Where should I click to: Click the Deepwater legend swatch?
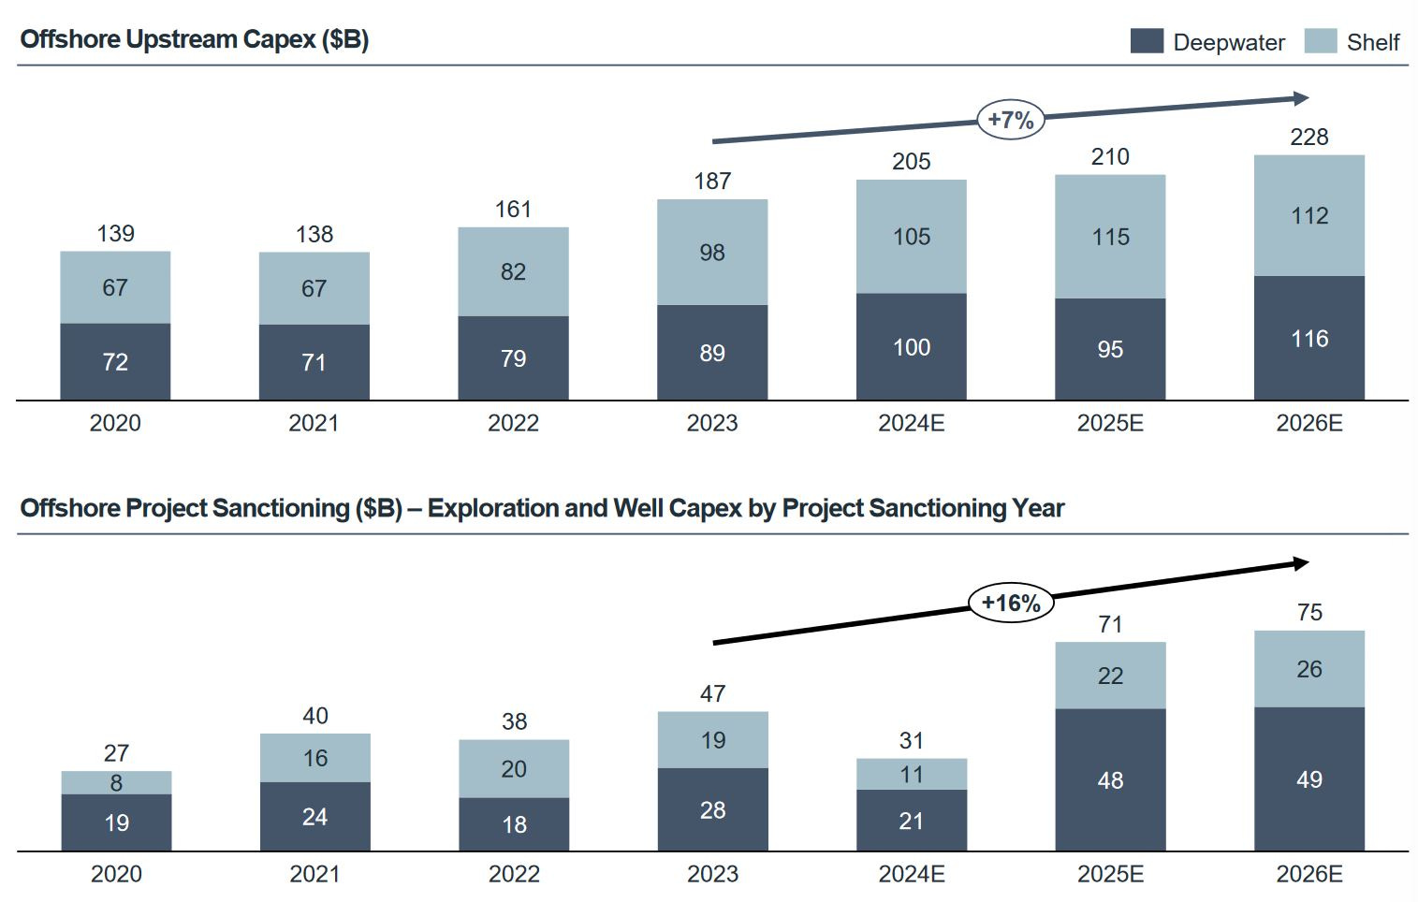tap(1147, 41)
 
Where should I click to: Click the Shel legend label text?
tap(1372, 42)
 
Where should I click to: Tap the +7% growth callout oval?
tap(1011, 120)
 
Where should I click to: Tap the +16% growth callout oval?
tap(1011, 603)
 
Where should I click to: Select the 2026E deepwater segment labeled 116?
tap(1308, 338)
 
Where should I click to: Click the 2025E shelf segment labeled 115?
tap(1110, 237)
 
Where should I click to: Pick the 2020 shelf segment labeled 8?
tap(116, 783)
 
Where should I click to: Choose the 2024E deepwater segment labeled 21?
tap(911, 821)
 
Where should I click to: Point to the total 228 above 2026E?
tap(1308, 138)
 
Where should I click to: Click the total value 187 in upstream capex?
tap(712, 182)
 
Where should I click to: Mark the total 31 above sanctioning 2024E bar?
tap(911, 741)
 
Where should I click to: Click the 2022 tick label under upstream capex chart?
tap(513, 424)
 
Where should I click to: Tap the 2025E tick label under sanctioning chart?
tap(1110, 874)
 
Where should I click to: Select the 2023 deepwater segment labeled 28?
tap(712, 809)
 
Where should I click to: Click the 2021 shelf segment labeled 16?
tap(314, 758)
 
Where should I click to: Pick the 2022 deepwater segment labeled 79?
tap(513, 358)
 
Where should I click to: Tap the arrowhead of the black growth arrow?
tap(1301, 563)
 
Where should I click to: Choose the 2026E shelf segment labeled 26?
tap(1308, 669)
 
